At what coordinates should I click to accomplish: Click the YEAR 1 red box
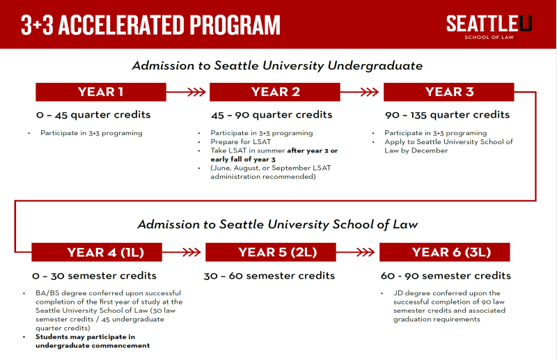click(101, 92)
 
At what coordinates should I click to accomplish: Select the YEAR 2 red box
click(275, 92)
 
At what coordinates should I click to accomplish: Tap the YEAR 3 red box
click(449, 92)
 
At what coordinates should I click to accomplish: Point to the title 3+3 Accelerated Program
click(150, 25)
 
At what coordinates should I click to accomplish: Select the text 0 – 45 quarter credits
click(93, 114)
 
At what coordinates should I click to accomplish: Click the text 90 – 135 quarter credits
click(447, 114)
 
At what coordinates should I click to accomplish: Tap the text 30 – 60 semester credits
click(269, 276)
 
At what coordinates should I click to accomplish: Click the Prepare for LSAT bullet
click(242, 141)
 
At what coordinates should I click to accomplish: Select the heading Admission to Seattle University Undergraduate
click(277, 66)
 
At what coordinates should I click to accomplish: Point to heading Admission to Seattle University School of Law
click(276, 224)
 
